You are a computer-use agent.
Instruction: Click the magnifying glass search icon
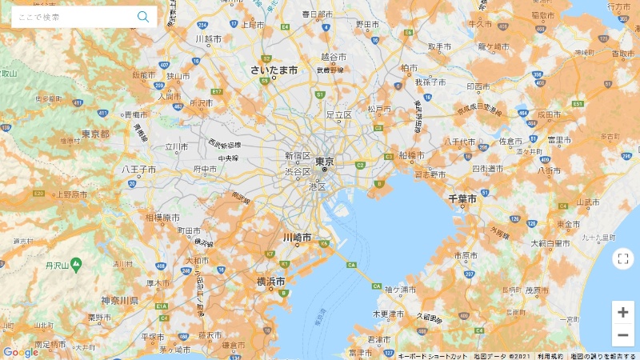click(143, 17)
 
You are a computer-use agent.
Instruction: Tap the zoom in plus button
click(622, 312)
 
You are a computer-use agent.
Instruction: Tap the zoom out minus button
click(622, 334)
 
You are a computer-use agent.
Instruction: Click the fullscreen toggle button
click(622, 258)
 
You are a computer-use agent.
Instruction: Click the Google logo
click(20, 352)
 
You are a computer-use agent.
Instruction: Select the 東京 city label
click(324, 161)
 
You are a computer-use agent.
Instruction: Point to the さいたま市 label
click(274, 70)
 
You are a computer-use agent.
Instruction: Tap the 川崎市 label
click(297, 238)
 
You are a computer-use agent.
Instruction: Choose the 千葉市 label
click(462, 198)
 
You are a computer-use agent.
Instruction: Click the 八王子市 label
click(138, 170)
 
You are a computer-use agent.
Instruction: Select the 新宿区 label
click(298, 156)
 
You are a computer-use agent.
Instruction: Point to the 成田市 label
click(548, 114)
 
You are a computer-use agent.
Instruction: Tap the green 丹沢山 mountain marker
click(76, 263)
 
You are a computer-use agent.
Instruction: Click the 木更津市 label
click(391, 314)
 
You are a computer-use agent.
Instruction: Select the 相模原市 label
click(162, 218)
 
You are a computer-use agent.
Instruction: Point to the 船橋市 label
click(411, 155)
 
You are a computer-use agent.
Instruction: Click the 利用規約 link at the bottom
click(550, 356)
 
